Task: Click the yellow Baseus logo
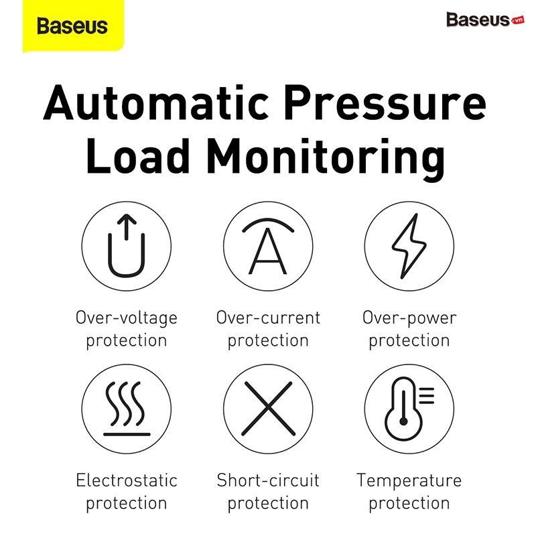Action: click(73, 25)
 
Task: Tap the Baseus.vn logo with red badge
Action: click(485, 19)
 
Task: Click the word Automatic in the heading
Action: click(156, 103)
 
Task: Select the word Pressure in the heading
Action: click(385, 103)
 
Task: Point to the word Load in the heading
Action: click(138, 156)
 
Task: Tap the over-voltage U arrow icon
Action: click(127, 245)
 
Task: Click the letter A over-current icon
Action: click(268, 246)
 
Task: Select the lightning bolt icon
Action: click(409, 246)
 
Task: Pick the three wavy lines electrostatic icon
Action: click(127, 409)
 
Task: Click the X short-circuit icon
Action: click(269, 409)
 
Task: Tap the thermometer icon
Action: click(409, 409)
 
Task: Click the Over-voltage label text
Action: click(127, 318)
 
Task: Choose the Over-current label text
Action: click(269, 318)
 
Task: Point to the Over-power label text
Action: click(409, 318)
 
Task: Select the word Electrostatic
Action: click(127, 480)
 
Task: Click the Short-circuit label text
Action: click(269, 480)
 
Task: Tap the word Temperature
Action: click(409, 481)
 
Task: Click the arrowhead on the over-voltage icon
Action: click(127, 219)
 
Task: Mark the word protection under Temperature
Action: click(409, 504)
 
